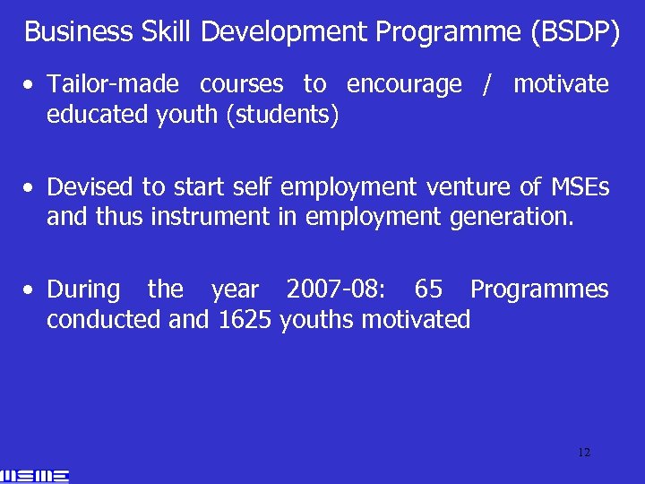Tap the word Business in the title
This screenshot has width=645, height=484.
click(x=79, y=32)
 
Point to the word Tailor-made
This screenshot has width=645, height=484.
click(x=113, y=85)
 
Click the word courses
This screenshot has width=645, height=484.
click(x=241, y=85)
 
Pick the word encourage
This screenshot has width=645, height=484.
click(x=404, y=85)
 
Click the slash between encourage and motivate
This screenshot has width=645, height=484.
click(x=487, y=85)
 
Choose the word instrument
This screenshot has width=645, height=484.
click(x=211, y=218)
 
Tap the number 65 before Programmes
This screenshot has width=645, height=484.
click(x=428, y=290)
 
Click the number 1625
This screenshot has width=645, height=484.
click(x=245, y=320)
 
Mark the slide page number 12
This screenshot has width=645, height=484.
click(x=584, y=453)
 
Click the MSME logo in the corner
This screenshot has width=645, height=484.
click(x=36, y=476)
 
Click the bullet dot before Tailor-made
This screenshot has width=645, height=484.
click(x=30, y=86)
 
